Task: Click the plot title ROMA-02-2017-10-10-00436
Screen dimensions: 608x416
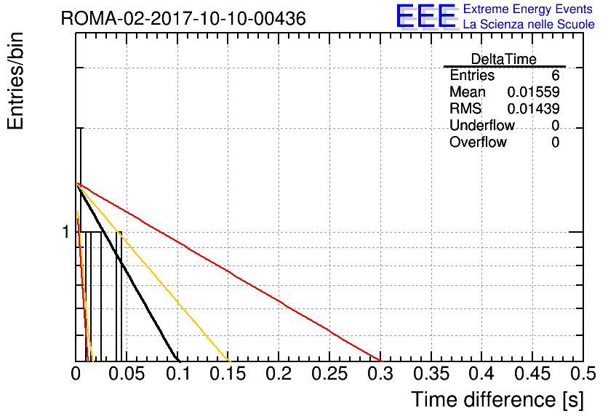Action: click(x=183, y=18)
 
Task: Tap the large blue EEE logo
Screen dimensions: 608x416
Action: click(x=427, y=16)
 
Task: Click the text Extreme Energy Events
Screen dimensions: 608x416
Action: click(x=528, y=9)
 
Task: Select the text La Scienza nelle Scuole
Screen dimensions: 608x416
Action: click(x=529, y=24)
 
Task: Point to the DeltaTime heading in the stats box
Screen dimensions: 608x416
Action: click(x=504, y=59)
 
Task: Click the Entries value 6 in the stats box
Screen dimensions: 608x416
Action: click(x=555, y=75)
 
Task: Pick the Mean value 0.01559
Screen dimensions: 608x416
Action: click(x=533, y=92)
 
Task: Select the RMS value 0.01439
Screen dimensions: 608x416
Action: click(x=533, y=108)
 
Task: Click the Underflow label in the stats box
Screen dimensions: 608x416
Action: click(x=482, y=125)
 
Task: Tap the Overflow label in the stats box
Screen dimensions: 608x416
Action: click(x=478, y=142)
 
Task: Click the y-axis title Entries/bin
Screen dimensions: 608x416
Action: click(x=15, y=81)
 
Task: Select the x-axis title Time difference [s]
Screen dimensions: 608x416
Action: click(x=497, y=399)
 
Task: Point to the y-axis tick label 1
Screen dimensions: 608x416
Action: click(x=65, y=232)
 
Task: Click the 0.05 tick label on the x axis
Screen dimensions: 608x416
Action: click(x=127, y=374)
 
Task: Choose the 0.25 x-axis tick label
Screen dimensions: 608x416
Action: click(x=329, y=374)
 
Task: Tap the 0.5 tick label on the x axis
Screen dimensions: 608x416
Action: click(x=583, y=374)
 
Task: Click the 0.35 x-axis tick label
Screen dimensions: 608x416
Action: click(x=431, y=374)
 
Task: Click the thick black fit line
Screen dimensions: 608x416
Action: click(x=128, y=273)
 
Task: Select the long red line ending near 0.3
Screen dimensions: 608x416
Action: click(x=229, y=272)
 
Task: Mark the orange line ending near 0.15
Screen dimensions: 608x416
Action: click(x=153, y=273)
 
